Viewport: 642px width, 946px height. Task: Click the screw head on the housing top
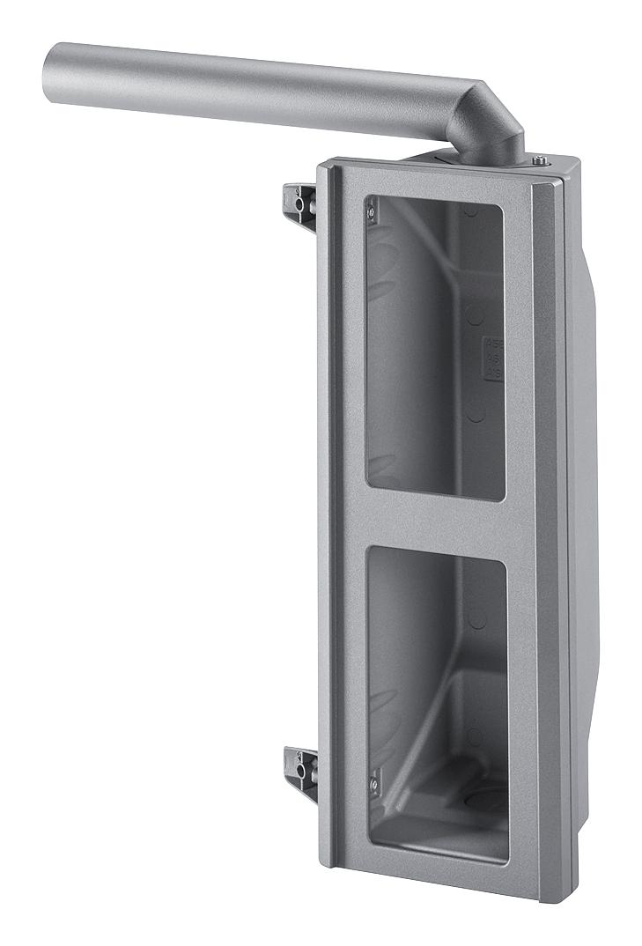tap(539, 159)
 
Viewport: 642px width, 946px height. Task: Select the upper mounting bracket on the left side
tap(299, 203)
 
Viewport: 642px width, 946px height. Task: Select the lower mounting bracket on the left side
tap(299, 767)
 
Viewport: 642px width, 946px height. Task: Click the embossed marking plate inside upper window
tap(494, 357)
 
